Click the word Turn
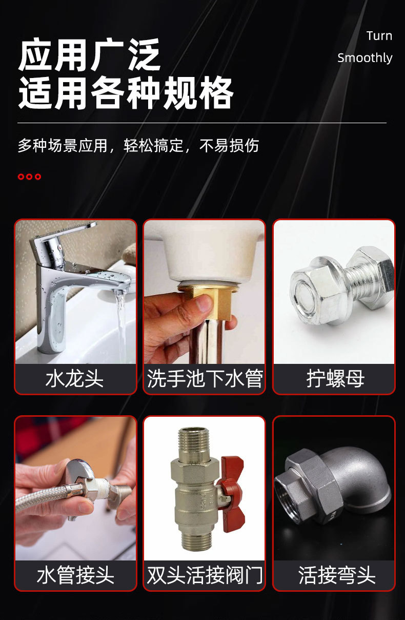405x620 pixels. (x=379, y=36)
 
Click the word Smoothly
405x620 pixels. (x=365, y=58)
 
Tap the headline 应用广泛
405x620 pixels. (x=89, y=54)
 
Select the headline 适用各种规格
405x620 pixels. (x=126, y=92)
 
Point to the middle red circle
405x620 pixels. (x=29, y=177)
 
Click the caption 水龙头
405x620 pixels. (x=75, y=379)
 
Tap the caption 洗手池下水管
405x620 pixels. (x=205, y=379)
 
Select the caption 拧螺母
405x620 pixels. (x=335, y=379)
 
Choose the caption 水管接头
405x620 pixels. (x=75, y=575)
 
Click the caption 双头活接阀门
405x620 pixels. (x=205, y=575)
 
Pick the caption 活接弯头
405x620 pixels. (x=337, y=575)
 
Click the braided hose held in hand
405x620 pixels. (x=42, y=495)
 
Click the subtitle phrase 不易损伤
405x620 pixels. (x=229, y=146)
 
